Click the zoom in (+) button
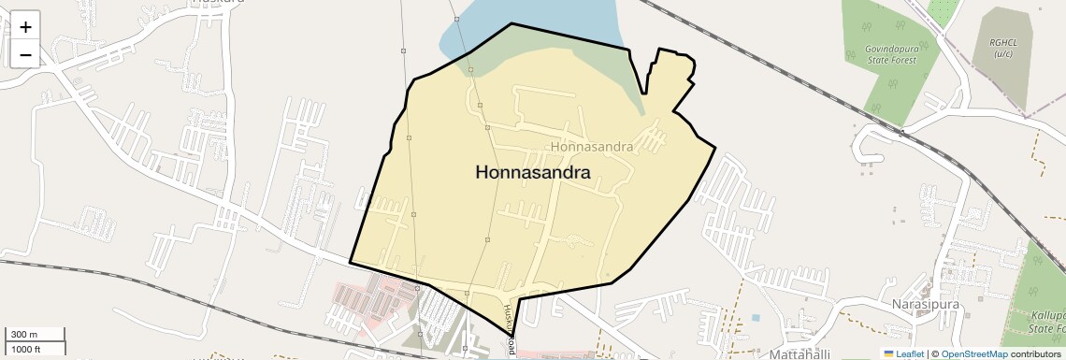click(x=25, y=27)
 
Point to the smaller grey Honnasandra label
click(x=593, y=147)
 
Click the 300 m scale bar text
click(x=25, y=335)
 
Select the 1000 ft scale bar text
click(x=26, y=349)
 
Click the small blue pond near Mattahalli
click(x=756, y=317)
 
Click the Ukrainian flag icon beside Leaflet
click(x=888, y=353)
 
